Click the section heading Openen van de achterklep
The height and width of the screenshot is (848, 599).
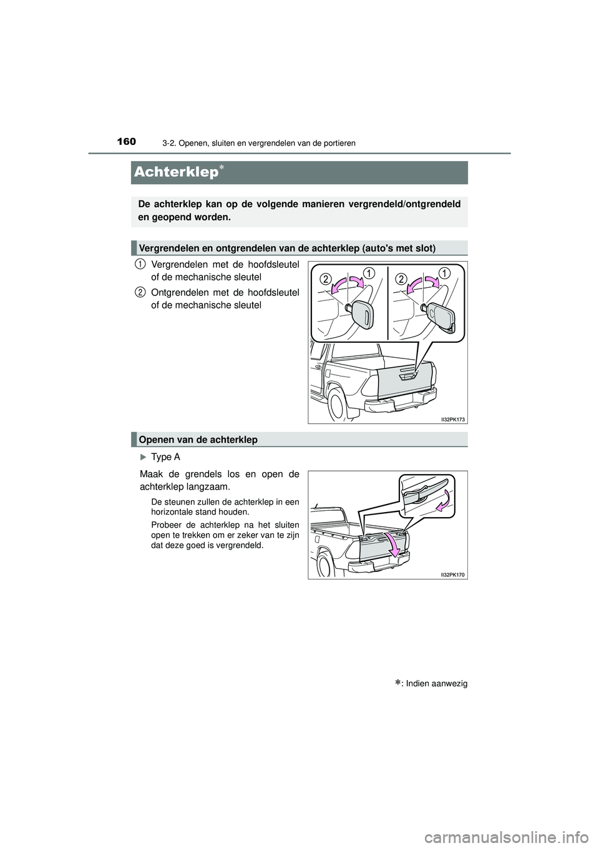tap(198, 440)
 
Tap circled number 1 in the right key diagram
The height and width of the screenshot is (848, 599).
tap(444, 273)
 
